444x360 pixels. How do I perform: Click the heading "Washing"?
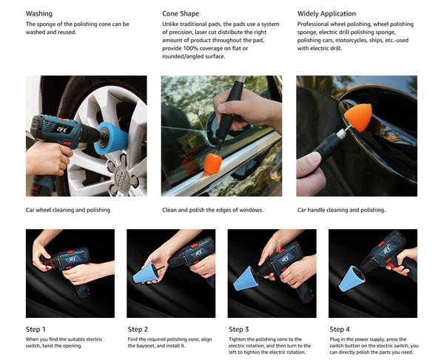[39, 13]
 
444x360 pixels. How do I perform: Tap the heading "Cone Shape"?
[181, 13]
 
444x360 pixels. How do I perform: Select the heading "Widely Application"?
[326, 13]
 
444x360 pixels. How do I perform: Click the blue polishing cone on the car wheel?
[111, 138]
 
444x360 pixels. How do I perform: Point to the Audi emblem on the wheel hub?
[123, 178]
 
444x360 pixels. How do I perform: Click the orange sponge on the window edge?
[213, 163]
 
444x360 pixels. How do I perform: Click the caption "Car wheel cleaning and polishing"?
[68, 210]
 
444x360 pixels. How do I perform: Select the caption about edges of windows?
[212, 210]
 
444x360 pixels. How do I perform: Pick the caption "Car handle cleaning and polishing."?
[341, 210]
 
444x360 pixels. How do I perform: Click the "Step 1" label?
[36, 329]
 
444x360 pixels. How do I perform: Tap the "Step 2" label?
[138, 329]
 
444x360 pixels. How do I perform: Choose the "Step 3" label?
[239, 329]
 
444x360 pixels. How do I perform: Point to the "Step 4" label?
[340, 329]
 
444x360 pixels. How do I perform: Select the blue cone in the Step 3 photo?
[246, 279]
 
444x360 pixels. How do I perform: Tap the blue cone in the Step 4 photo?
[348, 279]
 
